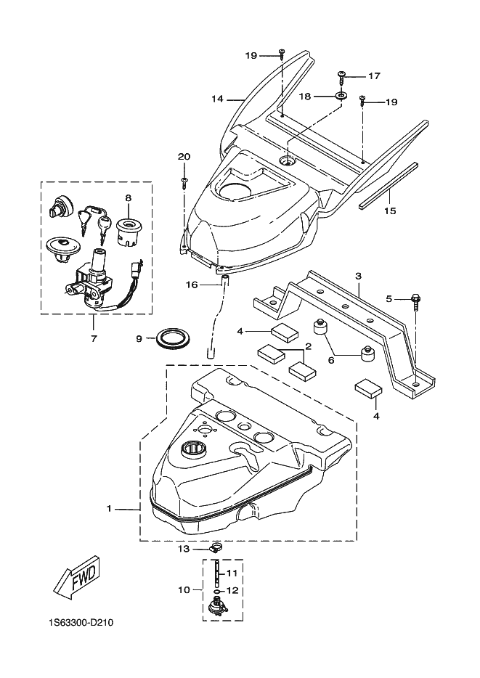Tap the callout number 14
217,99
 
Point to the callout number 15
390,211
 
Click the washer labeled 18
341,94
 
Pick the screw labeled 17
341,78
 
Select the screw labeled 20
184,181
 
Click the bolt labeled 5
415,301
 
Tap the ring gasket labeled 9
173,338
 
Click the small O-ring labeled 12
216,590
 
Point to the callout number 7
94,338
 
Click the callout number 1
109,509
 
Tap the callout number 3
359,275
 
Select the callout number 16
192,285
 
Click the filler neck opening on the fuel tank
193,449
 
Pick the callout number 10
184,589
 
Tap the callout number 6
331,359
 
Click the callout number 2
309,346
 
